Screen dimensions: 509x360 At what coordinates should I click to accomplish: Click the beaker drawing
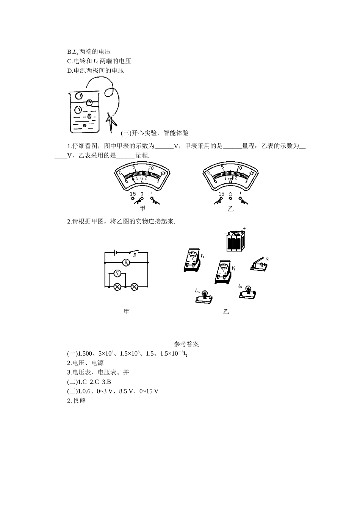coord(84,112)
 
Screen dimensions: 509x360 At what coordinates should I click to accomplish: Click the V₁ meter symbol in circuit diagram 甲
coord(117,273)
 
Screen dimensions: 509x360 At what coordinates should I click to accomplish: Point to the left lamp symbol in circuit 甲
coord(117,287)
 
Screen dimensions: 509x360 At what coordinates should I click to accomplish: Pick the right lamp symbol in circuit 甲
coord(134,287)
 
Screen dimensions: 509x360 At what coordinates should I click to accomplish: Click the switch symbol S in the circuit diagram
coord(133,253)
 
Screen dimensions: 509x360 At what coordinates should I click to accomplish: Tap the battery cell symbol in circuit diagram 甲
coord(115,252)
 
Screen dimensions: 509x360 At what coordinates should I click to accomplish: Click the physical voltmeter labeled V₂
coord(223,272)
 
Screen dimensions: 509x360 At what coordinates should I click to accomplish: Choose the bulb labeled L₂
coord(249,291)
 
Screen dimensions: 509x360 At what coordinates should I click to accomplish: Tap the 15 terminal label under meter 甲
coord(133,194)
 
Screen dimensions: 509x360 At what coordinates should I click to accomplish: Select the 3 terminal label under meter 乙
coord(230,194)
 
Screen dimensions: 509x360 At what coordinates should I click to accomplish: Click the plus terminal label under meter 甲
coord(152,193)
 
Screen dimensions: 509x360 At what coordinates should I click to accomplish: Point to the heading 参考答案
coord(186,344)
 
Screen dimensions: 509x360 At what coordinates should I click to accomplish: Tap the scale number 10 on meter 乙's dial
coord(239,168)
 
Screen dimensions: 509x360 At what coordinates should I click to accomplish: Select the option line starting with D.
coord(95,70)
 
